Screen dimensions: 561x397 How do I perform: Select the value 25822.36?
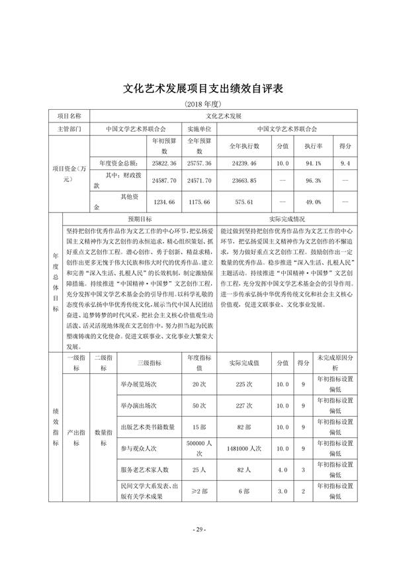[164, 162]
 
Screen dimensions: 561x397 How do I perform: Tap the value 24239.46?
[244, 162]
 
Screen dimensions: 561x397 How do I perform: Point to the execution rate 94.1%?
[313, 162]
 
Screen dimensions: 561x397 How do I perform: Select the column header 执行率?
[313, 146]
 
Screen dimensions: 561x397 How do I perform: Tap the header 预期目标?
[140, 218]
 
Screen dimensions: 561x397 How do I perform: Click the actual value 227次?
[244, 405]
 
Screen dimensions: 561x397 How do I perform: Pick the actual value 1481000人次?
[244, 448]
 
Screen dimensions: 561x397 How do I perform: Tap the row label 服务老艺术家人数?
[144, 469]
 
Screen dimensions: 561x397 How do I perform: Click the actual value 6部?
[244, 491]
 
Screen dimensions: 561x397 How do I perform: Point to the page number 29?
[198, 529]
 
